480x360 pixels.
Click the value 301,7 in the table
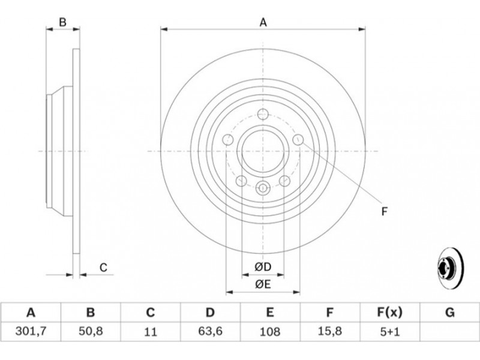coord(31,331)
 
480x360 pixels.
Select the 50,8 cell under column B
coord(91,331)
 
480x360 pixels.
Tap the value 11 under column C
coord(150,332)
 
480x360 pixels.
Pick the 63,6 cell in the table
coord(210,331)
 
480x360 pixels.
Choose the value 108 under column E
coord(269,332)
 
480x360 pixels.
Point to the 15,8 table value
coord(329,331)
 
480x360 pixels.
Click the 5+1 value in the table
coord(389,332)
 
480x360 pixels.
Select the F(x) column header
coord(389,313)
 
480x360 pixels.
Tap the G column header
coord(449,313)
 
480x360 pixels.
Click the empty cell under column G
coord(449,332)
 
